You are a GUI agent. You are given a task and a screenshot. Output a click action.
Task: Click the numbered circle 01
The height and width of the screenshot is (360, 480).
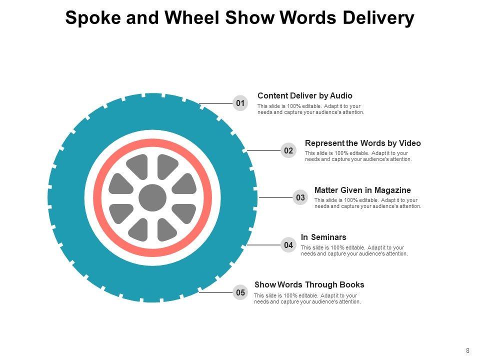tap(240, 103)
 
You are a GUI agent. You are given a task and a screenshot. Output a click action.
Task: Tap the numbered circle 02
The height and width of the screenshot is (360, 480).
tap(288, 150)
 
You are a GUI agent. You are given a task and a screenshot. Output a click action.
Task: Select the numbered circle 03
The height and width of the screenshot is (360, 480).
tap(300, 197)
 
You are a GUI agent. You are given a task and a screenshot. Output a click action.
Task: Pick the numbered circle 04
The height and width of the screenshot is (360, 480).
tap(288, 245)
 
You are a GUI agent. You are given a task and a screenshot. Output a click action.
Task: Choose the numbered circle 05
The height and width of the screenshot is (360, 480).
tap(240, 292)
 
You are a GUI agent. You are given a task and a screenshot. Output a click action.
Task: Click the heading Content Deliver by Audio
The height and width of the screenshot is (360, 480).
tap(304, 95)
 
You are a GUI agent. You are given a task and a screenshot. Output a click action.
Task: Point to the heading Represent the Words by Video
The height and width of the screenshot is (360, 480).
tap(362, 143)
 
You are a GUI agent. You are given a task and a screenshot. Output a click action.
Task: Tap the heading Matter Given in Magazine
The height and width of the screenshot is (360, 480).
tap(362, 190)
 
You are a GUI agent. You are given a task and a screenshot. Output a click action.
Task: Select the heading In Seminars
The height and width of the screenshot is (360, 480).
tap(323, 237)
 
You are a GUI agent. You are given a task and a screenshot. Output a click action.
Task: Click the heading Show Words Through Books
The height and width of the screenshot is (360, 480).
tap(309, 284)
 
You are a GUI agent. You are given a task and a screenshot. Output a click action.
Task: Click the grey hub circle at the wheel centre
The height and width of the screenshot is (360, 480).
tap(152, 198)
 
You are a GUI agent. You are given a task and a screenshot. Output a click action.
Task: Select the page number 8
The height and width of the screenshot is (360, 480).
tap(467, 350)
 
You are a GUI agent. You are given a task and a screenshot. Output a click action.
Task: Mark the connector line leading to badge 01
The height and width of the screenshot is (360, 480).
tap(216, 103)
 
